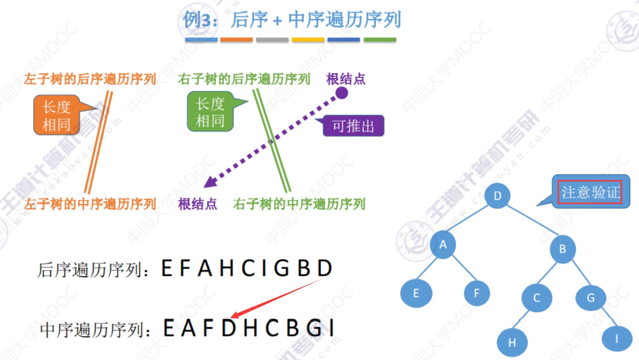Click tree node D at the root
coord(497,195)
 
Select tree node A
coord(443,244)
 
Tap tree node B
coord(562,249)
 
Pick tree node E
coord(416,293)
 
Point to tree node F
coord(477,293)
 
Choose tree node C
coord(536,298)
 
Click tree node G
coord(590,297)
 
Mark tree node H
coord(512,343)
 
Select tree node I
coord(617,338)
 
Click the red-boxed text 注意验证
coord(590,192)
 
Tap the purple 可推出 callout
coord(353,126)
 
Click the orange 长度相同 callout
coord(56,116)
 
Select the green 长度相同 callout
coord(210,113)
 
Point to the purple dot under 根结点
coord(341,93)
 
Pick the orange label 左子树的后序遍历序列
coord(90,79)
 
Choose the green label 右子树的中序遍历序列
coord(299,204)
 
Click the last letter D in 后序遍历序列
coord(325,269)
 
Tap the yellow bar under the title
coord(308,40)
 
